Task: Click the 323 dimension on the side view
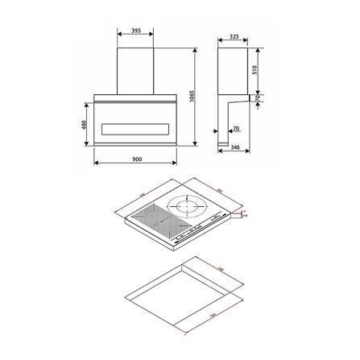pos(234,36)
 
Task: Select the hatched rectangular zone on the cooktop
pos(150,217)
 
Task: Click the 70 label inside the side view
pos(235,128)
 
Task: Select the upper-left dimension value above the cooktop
pos(141,195)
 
